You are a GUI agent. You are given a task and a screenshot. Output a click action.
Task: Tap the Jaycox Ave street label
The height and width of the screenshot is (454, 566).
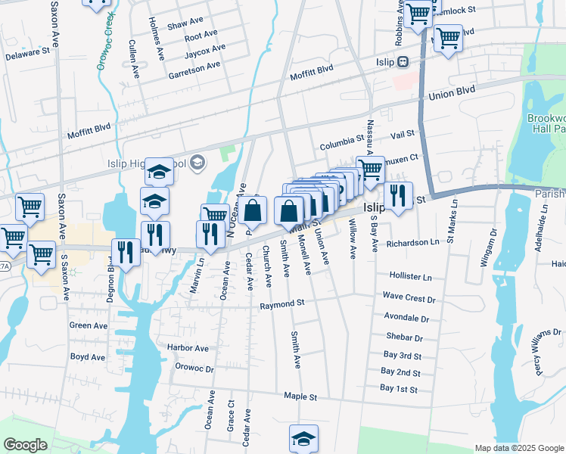click(x=205, y=51)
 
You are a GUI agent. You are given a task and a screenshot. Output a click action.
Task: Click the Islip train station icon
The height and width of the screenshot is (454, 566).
click(x=403, y=62)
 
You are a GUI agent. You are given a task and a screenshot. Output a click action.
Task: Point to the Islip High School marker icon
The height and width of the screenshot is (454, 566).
click(x=197, y=161)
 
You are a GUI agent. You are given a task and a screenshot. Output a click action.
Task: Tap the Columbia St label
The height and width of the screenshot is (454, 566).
click(x=341, y=140)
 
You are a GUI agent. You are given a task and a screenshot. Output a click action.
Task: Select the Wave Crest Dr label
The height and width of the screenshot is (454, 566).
click(x=409, y=298)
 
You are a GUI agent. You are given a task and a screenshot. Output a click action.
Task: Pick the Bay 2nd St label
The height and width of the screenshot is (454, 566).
click(x=400, y=372)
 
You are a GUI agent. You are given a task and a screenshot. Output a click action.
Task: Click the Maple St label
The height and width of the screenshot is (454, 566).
click(x=300, y=396)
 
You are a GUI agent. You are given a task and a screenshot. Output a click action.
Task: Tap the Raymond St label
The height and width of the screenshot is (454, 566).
click(x=281, y=303)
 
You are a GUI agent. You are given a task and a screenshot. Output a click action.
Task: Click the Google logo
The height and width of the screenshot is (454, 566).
click(x=25, y=445)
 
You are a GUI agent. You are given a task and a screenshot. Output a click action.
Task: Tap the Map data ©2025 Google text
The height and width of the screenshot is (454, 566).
click(x=518, y=448)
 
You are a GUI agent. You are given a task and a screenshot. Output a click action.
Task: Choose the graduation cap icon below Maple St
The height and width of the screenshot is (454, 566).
click(x=303, y=438)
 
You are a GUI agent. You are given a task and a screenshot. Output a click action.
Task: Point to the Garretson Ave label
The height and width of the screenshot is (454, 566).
click(x=194, y=65)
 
